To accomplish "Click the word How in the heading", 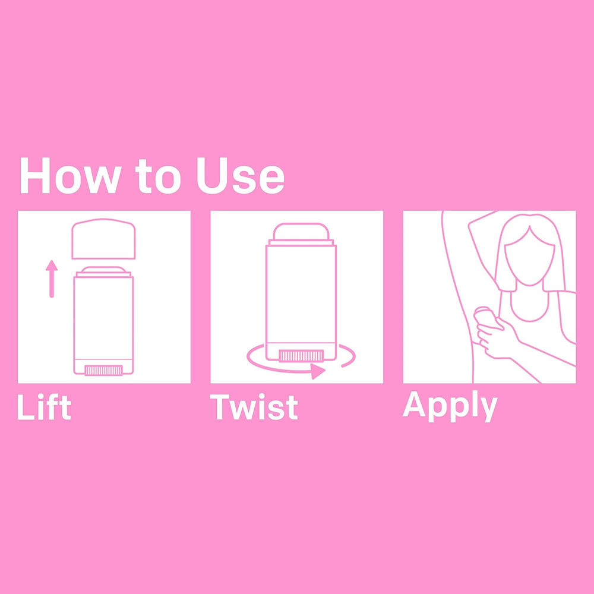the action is pyautogui.click(x=71, y=175).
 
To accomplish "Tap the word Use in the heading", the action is pyautogui.click(x=241, y=175).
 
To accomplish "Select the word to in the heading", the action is pyautogui.click(x=159, y=176).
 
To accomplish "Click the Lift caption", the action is pyautogui.click(x=44, y=407).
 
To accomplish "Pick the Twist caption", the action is pyautogui.click(x=254, y=407).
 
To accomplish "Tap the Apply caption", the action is pyautogui.click(x=450, y=406).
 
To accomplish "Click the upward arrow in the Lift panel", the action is pyautogui.click(x=52, y=279).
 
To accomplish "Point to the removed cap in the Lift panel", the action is pyautogui.click(x=103, y=239).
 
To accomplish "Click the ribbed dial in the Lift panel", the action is pyautogui.click(x=103, y=371).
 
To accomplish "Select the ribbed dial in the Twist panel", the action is pyautogui.click(x=301, y=356).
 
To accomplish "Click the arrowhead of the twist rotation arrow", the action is pyautogui.click(x=317, y=372).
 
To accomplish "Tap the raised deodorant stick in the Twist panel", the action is pyautogui.click(x=301, y=232).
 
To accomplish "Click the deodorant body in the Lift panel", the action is pyautogui.click(x=103, y=323).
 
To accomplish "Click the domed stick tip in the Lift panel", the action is pyautogui.click(x=103, y=269).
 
